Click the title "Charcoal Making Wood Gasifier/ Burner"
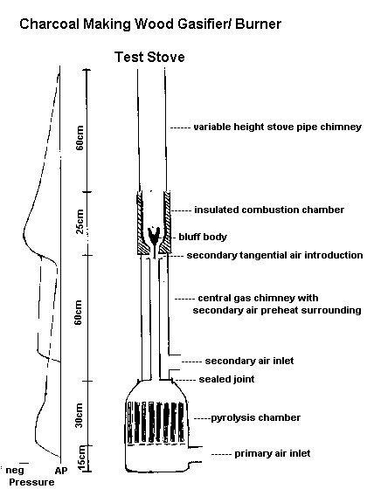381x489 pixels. (x=150, y=24)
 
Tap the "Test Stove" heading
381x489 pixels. (x=149, y=57)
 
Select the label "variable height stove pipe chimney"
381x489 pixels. (x=277, y=127)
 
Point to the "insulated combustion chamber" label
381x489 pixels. (x=269, y=210)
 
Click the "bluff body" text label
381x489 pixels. (x=203, y=237)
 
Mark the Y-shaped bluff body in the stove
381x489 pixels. (x=154, y=237)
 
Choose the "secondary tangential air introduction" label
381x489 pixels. (x=274, y=255)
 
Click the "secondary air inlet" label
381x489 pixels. (x=249, y=361)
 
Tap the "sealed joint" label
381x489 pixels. (x=226, y=379)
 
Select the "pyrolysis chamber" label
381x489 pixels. (x=255, y=417)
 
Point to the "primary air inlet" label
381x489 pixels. (x=272, y=453)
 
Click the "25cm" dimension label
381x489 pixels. (x=80, y=222)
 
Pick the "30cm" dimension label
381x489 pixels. (x=80, y=415)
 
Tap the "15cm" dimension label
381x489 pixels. (x=80, y=458)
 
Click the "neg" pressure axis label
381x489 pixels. (x=14, y=470)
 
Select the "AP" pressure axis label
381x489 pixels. (x=61, y=471)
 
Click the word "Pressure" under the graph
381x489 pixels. (x=31, y=482)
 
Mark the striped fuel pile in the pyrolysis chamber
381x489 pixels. (x=155, y=423)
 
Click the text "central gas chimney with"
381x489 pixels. (x=258, y=298)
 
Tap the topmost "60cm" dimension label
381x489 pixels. (x=80, y=138)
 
